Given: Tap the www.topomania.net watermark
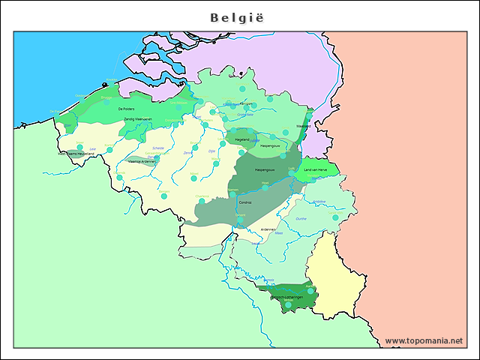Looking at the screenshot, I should point(424,340).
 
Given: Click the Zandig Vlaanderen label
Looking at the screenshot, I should point(138,119).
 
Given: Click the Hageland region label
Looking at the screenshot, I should point(242,139).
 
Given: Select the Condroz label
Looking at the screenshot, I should point(245,202).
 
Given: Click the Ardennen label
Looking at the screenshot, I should point(268,229).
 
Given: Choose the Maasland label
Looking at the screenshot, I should point(303,126).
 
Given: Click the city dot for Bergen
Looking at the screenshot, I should point(163,196).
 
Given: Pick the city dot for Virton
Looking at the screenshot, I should point(288,304).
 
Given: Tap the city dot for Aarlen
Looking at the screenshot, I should point(310,290).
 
